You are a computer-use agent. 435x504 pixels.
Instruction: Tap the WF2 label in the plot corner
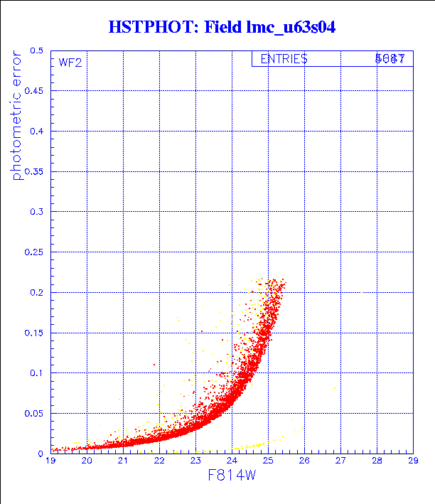[x=70, y=63]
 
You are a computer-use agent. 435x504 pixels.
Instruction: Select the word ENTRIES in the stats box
[x=284, y=60]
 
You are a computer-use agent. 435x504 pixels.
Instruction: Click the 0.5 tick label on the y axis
[x=36, y=51]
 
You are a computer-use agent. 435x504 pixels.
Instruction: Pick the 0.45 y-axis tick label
[x=34, y=91]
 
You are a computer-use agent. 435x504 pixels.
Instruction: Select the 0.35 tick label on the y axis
[x=34, y=171]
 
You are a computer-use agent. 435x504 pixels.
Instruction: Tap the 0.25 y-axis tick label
[x=34, y=252]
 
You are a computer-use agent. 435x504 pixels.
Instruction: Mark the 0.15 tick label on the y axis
[x=34, y=333]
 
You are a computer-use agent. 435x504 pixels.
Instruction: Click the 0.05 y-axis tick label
[x=34, y=413]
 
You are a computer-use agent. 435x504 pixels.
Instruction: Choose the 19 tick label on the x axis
[x=51, y=461]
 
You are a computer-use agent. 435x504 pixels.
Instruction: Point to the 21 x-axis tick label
[x=123, y=461]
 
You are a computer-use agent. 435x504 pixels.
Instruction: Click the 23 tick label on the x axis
[x=195, y=461]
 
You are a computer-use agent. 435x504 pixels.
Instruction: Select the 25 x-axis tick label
[x=268, y=461]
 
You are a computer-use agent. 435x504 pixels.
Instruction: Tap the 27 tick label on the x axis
[x=340, y=461]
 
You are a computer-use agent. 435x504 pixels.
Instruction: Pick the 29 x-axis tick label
[x=412, y=461]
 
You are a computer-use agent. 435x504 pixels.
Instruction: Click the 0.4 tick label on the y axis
[x=36, y=132]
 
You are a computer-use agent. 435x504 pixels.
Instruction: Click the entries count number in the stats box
[x=390, y=60]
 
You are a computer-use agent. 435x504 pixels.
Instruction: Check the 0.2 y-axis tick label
[x=36, y=292]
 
